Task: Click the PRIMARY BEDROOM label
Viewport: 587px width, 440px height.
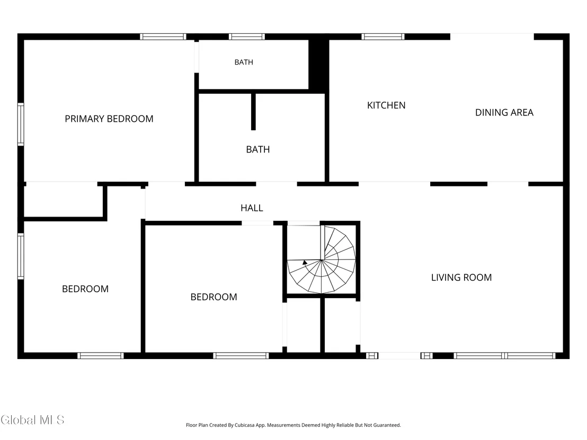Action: pyautogui.click(x=109, y=119)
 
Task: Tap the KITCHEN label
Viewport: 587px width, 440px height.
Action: pyautogui.click(x=386, y=105)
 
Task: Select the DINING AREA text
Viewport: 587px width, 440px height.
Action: pyautogui.click(x=504, y=113)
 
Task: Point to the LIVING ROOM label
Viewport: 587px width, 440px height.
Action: pyautogui.click(x=461, y=277)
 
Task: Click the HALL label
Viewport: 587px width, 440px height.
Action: pyautogui.click(x=252, y=208)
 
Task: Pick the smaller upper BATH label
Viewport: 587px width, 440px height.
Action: pyautogui.click(x=244, y=62)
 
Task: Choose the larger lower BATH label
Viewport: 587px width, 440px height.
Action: pyautogui.click(x=258, y=150)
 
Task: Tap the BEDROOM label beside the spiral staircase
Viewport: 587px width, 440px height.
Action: pyautogui.click(x=214, y=297)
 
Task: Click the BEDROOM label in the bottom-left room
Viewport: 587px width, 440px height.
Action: pyautogui.click(x=85, y=289)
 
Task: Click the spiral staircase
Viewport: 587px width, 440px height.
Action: pyautogui.click(x=321, y=259)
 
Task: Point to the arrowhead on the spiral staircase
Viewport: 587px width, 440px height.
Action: pyautogui.click(x=305, y=263)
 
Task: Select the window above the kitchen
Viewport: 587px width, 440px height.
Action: pyautogui.click(x=383, y=37)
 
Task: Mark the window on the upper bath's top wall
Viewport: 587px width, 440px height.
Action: pyautogui.click(x=247, y=37)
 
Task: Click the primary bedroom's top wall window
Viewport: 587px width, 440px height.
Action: pyautogui.click(x=163, y=37)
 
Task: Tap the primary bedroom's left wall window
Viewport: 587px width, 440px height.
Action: pyautogui.click(x=21, y=124)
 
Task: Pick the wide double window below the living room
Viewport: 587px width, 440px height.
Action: pyautogui.click(x=504, y=355)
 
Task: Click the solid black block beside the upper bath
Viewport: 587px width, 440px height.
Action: pyautogui.click(x=318, y=64)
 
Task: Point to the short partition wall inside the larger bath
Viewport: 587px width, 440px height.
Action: pyautogui.click(x=253, y=112)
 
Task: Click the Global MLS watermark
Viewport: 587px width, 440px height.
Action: pyautogui.click(x=32, y=420)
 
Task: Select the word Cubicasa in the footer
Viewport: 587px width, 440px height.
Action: pyautogui.click(x=244, y=425)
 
